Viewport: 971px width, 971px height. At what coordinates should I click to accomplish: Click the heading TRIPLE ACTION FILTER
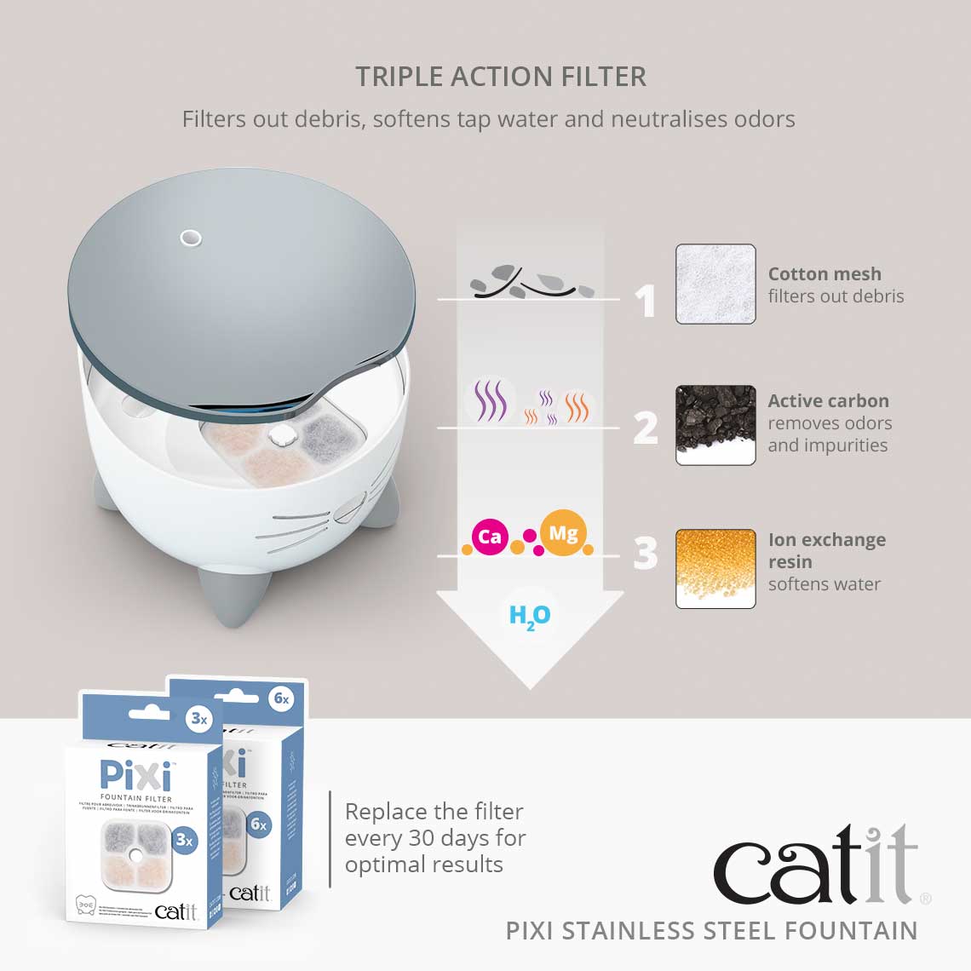point(501,77)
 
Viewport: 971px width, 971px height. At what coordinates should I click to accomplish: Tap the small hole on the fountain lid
point(191,238)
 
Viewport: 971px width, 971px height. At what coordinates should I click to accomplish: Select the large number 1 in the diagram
point(646,302)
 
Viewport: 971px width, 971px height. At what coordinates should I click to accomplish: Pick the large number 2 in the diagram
point(646,428)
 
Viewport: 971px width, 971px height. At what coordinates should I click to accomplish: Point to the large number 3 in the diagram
point(646,553)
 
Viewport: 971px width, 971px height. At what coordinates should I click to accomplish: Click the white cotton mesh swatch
point(715,284)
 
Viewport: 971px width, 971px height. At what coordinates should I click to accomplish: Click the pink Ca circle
point(490,537)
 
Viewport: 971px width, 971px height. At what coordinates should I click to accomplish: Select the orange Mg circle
point(563,534)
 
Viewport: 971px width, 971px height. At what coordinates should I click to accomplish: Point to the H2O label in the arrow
point(530,616)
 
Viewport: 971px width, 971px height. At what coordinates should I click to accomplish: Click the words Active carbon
point(828,401)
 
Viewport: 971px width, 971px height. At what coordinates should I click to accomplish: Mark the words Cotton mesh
point(824,274)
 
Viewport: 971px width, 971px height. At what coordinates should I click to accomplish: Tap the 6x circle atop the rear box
point(281,699)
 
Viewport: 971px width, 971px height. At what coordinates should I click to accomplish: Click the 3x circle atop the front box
point(199,718)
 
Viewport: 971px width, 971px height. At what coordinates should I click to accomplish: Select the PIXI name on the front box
point(136,775)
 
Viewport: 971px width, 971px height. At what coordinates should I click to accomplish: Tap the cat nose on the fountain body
point(347,512)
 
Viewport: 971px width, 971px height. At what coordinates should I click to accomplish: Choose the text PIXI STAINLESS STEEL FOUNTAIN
point(711,930)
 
